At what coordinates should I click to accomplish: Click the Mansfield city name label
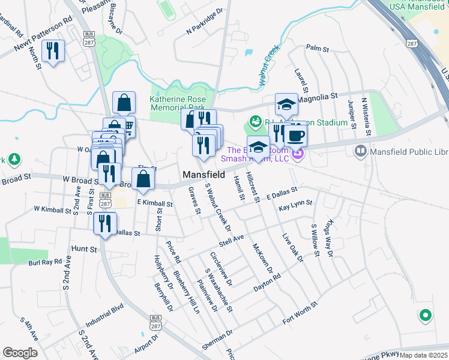203,175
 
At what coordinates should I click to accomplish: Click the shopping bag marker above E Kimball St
143,179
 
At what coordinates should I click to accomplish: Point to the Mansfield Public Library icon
361,150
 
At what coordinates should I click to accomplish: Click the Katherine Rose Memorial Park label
178,104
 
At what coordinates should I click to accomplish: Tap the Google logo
20,352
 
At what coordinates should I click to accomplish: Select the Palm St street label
318,47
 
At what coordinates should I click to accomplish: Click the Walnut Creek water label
268,61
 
